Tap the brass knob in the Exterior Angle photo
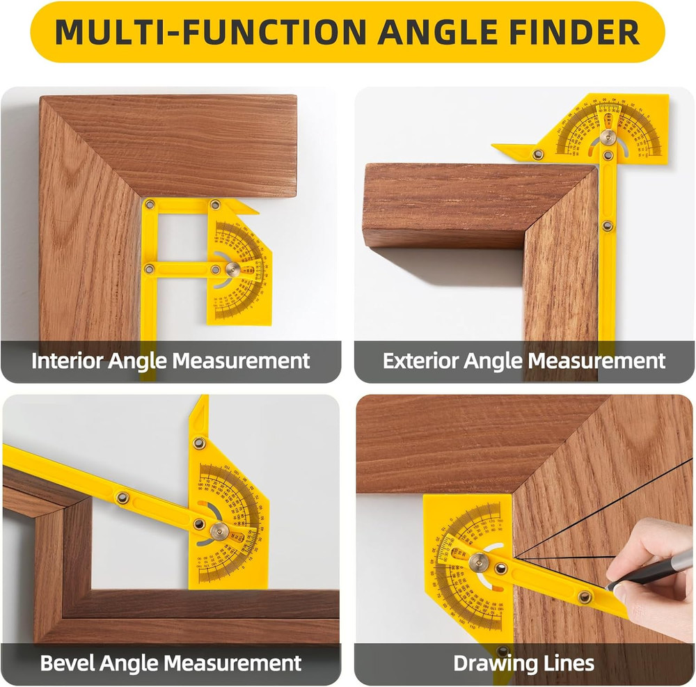(608, 137)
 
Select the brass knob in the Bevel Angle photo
(219, 531)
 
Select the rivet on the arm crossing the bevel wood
(122, 496)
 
